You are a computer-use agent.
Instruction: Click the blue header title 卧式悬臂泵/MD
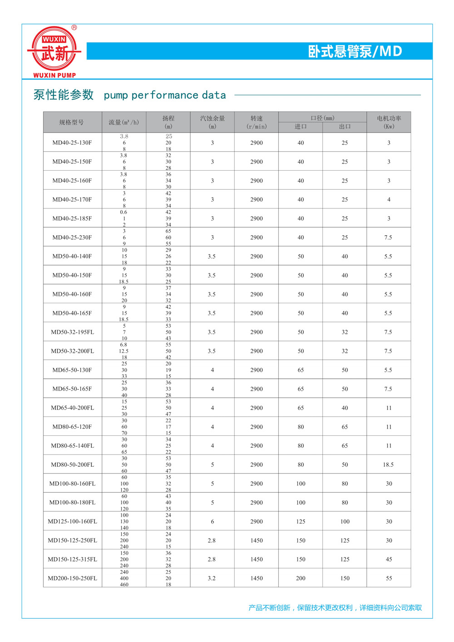[x=355, y=51]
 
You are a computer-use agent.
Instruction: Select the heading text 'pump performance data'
[x=165, y=95]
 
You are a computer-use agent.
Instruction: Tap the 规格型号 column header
[x=72, y=122]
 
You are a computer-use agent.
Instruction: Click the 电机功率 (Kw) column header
[x=389, y=122]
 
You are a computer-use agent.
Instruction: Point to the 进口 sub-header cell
[x=301, y=127]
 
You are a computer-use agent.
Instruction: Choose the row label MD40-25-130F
[x=72, y=143]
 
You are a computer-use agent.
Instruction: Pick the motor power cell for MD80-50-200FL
[x=388, y=464]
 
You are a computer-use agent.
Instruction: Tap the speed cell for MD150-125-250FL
[x=257, y=540]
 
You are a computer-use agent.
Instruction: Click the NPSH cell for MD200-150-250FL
[x=212, y=578]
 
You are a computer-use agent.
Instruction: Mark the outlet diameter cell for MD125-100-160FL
[x=345, y=521]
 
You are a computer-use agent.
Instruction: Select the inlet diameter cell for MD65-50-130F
[x=301, y=370]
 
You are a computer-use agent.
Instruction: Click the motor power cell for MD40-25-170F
[x=389, y=199]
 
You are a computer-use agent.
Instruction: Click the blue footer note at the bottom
[x=335, y=607]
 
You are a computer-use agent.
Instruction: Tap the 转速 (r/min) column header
[x=257, y=122]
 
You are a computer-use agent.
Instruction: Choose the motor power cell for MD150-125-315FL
[x=389, y=559]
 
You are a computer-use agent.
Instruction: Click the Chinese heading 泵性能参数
[x=64, y=95]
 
